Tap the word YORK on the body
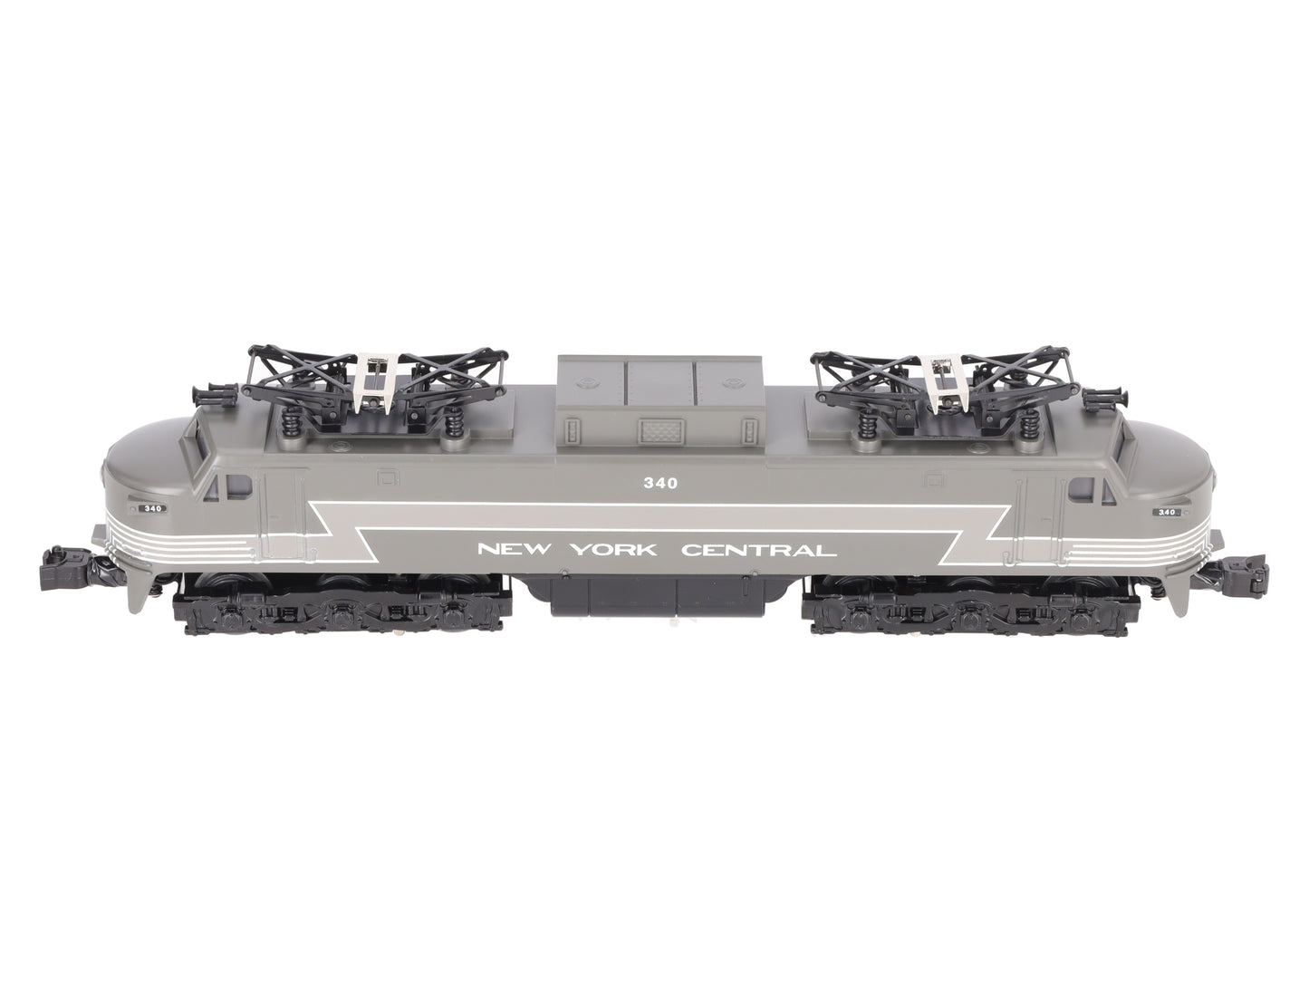pos(614,549)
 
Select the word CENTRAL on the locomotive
pos(758,550)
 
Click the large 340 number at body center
pos(660,483)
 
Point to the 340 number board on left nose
pos(153,508)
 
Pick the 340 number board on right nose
pos(1167,512)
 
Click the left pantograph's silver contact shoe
pos(376,380)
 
